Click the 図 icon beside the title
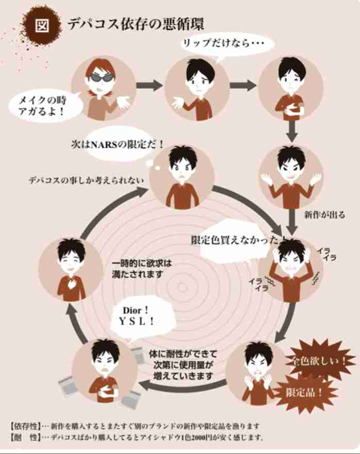pos(42,25)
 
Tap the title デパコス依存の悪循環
pos(136,24)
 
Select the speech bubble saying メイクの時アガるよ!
pos(42,106)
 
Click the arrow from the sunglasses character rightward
pos(149,86)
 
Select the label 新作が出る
pos(324,215)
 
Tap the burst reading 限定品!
pos(304,393)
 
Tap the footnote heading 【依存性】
pos(25,426)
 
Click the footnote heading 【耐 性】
pos(25,437)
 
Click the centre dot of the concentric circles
pos(182,287)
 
